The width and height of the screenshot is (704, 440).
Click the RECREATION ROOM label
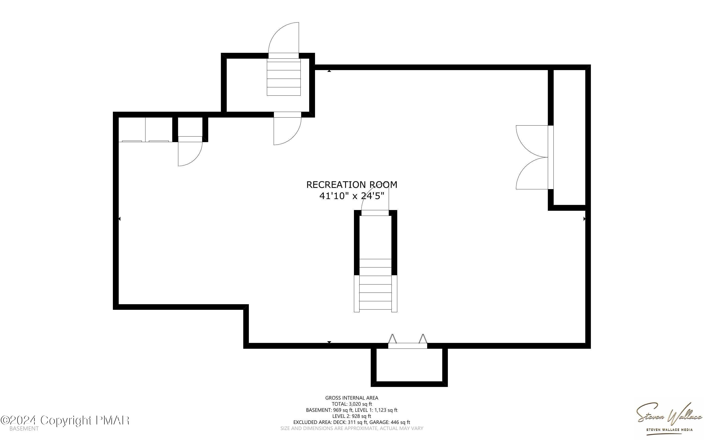pyautogui.click(x=352, y=185)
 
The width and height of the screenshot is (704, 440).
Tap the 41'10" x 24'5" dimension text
pyautogui.click(x=352, y=196)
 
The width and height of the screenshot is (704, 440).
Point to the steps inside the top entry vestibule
pyautogui.click(x=283, y=79)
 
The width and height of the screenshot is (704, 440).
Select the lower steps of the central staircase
pyautogui.click(x=375, y=293)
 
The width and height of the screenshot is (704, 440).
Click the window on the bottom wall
pyautogui.click(x=408, y=345)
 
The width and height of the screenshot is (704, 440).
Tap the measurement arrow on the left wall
pyautogui.click(x=119, y=219)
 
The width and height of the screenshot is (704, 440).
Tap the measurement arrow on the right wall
pyautogui.click(x=585, y=219)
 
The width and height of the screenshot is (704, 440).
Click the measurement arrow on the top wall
pyautogui.click(x=329, y=71)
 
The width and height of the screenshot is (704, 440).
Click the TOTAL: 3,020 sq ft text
pyautogui.click(x=352, y=404)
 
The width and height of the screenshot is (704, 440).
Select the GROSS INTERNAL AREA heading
pyautogui.click(x=352, y=398)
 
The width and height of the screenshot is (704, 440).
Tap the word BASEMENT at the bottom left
pyautogui.click(x=24, y=429)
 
